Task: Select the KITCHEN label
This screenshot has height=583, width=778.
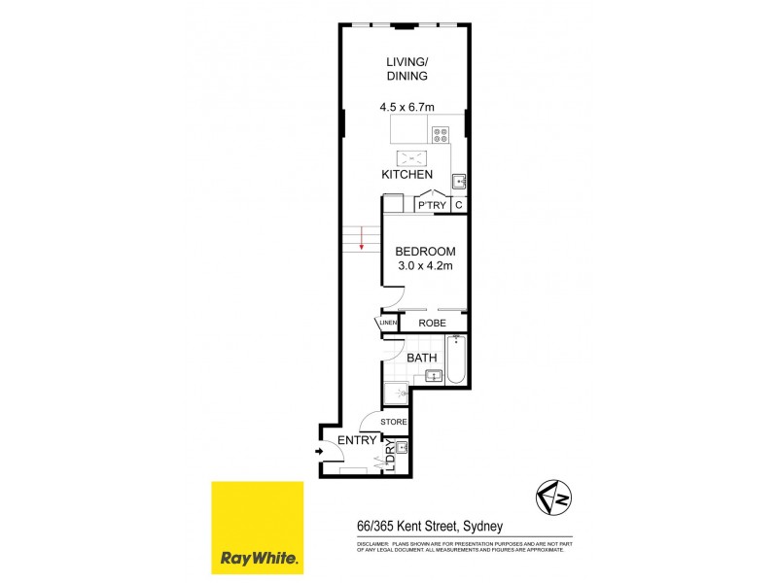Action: pyautogui.click(x=407, y=175)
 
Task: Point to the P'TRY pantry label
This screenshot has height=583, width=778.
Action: pyautogui.click(x=431, y=205)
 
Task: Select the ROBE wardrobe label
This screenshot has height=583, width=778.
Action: pyautogui.click(x=432, y=323)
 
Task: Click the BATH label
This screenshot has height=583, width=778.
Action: pyautogui.click(x=422, y=359)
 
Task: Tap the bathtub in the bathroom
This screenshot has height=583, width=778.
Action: pyautogui.click(x=459, y=361)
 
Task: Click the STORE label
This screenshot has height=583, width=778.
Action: pyautogui.click(x=393, y=422)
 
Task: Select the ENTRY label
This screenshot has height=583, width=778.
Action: pyautogui.click(x=357, y=441)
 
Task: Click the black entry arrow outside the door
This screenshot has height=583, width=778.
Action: pyautogui.click(x=321, y=451)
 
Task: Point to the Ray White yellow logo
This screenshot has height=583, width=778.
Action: pyautogui.click(x=260, y=527)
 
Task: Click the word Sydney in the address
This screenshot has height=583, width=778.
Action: pyautogui.click(x=481, y=526)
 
